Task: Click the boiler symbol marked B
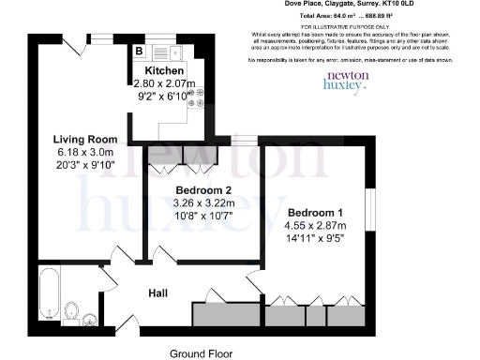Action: [139, 52]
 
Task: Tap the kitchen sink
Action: [161, 53]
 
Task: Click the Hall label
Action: [158, 293]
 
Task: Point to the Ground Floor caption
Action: [200, 353]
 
